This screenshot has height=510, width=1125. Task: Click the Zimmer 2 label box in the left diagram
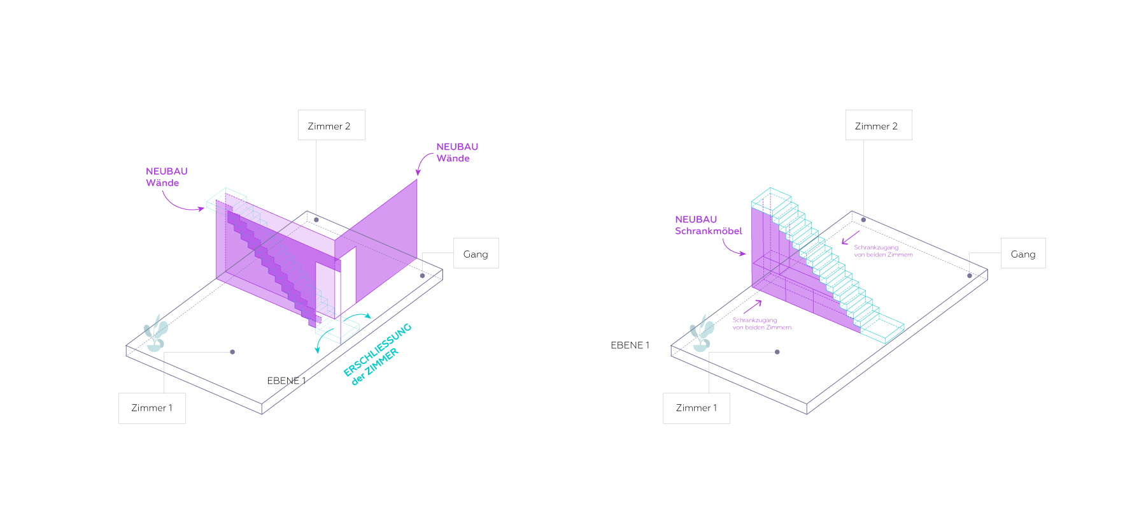click(x=331, y=125)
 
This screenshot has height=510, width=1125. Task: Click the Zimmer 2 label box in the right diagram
click(x=879, y=125)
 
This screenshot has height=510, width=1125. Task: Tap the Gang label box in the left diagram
click(x=476, y=253)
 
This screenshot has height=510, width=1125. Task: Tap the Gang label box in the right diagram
click(x=1023, y=253)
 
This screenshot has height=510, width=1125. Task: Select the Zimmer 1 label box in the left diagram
click(x=152, y=408)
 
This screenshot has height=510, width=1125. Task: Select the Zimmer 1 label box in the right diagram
click(x=697, y=408)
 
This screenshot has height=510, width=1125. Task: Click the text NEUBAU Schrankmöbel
click(x=709, y=225)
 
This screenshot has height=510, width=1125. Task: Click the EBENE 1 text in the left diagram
click(x=287, y=381)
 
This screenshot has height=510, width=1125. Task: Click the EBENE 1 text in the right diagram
click(x=630, y=345)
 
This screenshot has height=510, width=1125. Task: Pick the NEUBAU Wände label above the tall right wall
click(x=457, y=152)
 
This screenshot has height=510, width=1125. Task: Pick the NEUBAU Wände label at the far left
click(x=167, y=177)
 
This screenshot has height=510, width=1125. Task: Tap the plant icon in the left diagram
click(x=156, y=333)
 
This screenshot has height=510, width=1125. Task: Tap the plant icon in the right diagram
click(x=702, y=333)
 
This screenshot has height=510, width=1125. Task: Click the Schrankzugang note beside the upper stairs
click(x=883, y=251)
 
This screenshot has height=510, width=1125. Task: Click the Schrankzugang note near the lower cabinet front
click(x=761, y=324)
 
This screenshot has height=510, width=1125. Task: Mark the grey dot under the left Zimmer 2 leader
click(x=316, y=220)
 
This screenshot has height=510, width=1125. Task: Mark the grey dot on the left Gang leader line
click(x=422, y=276)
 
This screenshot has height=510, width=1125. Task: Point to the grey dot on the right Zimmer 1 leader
click(x=777, y=352)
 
